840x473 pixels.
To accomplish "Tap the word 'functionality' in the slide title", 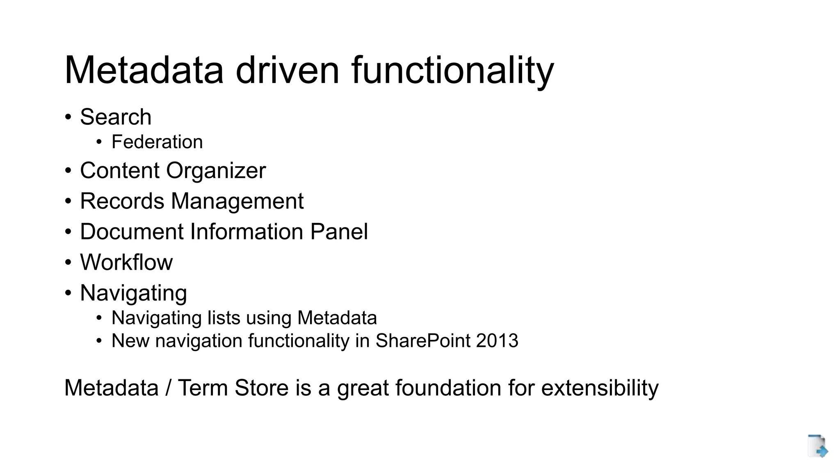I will [x=452, y=71].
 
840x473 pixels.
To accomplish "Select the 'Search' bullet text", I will [x=116, y=117].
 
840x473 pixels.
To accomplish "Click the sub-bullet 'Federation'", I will [x=157, y=142].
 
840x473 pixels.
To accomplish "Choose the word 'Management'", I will [x=237, y=202].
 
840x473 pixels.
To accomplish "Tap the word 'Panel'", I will [x=339, y=232].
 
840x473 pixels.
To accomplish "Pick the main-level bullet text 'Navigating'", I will [x=133, y=293].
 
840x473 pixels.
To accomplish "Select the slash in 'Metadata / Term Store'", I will [x=168, y=388].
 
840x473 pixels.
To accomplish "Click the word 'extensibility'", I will [x=600, y=388].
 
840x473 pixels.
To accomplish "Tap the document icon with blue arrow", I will [x=817, y=446].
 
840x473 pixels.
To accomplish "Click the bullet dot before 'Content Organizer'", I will [x=68, y=171].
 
